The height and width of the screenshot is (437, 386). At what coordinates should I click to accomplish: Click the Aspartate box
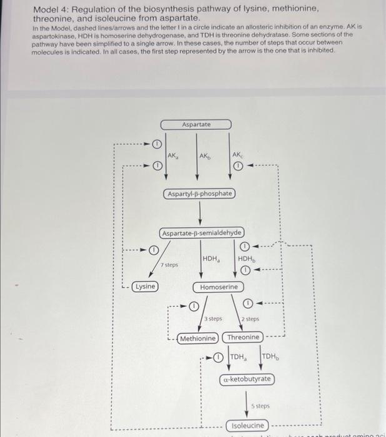point(196,124)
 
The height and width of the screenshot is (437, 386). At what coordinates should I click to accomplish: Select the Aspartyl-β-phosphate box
point(200,194)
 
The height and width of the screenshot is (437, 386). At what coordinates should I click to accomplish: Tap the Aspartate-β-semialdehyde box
point(202,233)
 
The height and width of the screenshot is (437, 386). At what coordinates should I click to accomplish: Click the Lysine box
point(145,286)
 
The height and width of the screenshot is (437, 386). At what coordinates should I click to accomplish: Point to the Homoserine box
point(219,287)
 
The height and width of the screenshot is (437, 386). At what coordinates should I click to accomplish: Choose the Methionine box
point(198,338)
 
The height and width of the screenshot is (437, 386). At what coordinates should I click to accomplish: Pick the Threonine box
point(243,337)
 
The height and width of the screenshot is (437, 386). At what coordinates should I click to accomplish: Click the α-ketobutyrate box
point(247,379)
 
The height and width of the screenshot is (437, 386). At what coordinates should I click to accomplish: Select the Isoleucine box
point(249,425)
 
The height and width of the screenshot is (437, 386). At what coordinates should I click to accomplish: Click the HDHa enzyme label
point(210,258)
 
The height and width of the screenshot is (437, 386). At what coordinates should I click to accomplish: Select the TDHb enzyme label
point(271,357)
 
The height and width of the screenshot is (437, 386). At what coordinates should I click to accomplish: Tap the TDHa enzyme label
point(238,357)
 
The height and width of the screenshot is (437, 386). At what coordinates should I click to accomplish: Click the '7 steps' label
point(169,265)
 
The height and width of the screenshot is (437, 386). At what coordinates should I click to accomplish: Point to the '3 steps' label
point(214,318)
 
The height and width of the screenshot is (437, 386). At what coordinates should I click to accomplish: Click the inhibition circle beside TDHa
point(218,358)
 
